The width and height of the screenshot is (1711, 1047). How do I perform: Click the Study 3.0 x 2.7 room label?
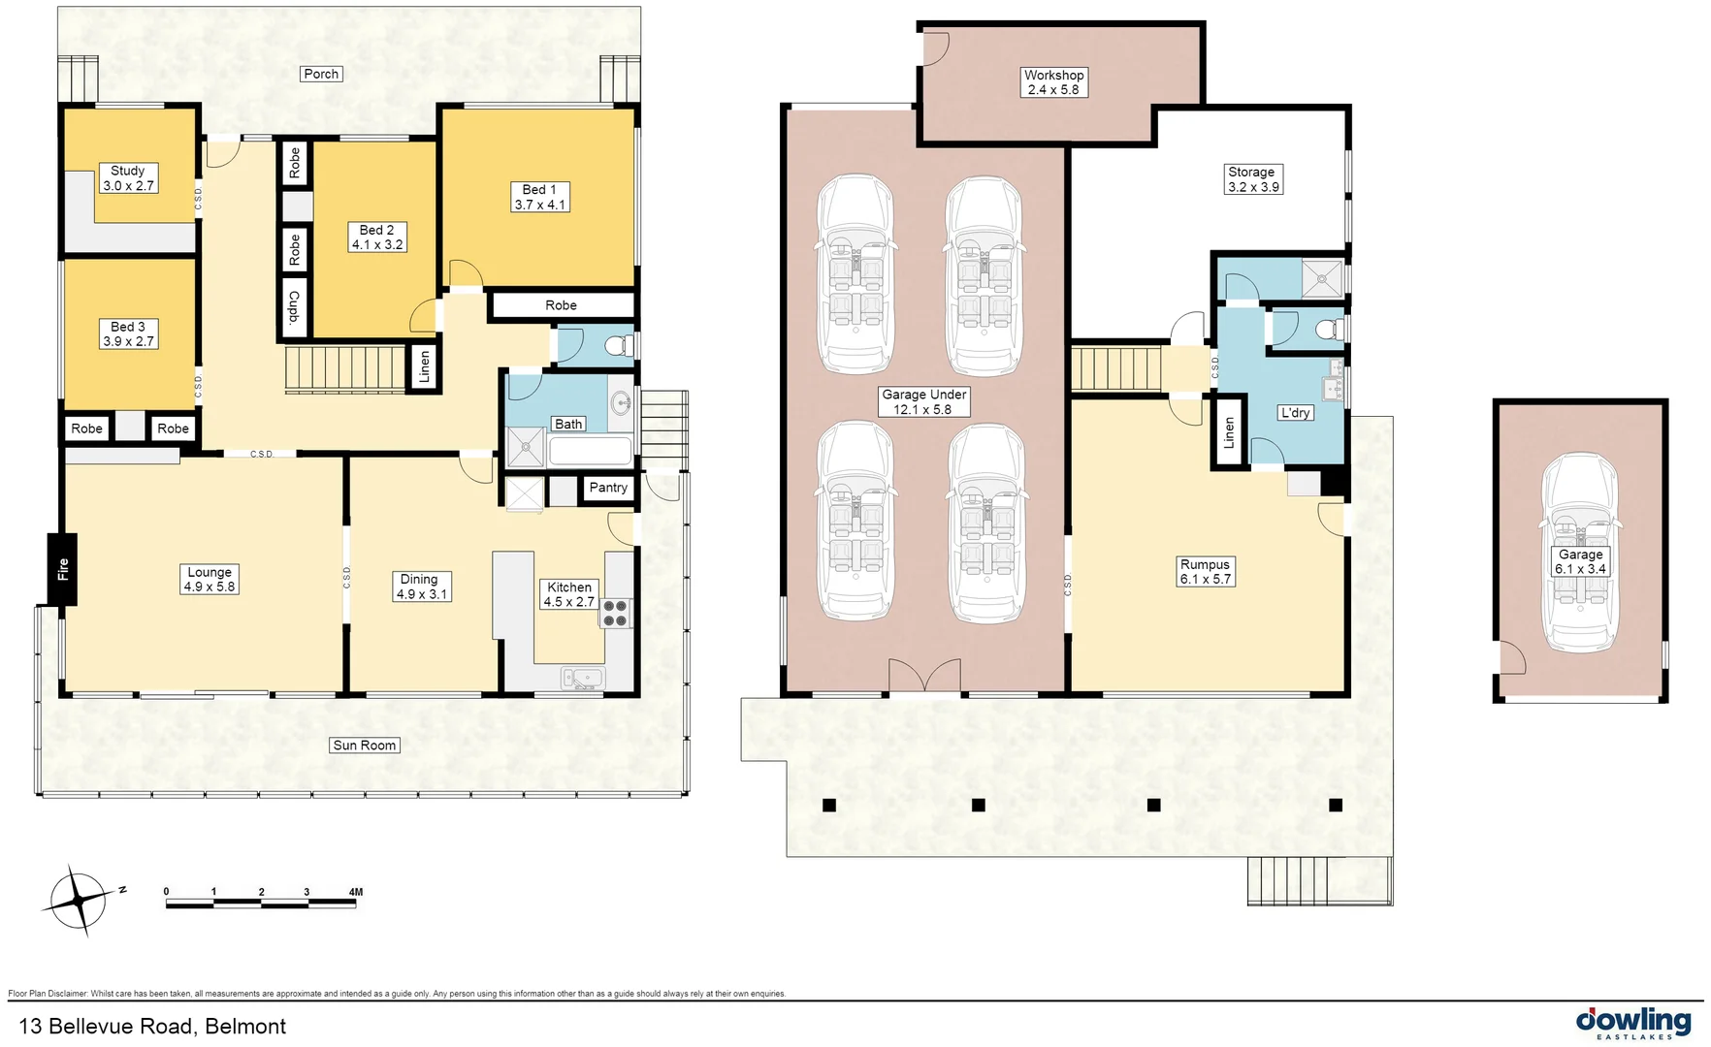(128, 178)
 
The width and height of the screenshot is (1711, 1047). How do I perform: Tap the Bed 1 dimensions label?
(539, 198)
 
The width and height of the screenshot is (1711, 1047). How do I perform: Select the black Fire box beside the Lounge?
(63, 569)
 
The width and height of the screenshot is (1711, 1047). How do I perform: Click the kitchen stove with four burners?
(616, 614)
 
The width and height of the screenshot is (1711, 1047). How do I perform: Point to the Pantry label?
(608, 488)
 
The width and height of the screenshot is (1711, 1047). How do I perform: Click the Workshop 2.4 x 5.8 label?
(1053, 82)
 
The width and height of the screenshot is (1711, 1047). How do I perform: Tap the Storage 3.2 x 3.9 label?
(1252, 179)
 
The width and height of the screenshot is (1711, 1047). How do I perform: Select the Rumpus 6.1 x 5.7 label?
(1205, 572)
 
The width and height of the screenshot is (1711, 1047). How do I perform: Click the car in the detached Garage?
(1580, 553)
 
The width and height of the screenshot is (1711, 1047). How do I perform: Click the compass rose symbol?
(80, 901)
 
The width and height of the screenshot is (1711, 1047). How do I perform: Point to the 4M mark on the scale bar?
(355, 892)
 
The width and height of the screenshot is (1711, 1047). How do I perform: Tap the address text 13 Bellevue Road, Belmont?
(152, 1027)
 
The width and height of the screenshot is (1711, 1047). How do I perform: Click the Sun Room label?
(365, 746)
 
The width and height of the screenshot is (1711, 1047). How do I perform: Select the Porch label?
(321, 74)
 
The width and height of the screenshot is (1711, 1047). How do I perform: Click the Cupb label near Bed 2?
(294, 308)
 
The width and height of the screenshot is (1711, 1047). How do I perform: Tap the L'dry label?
(1295, 413)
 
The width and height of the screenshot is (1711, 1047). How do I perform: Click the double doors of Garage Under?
(925, 676)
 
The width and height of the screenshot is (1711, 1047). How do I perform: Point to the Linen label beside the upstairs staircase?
(424, 367)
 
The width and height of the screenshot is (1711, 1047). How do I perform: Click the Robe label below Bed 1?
(561, 305)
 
